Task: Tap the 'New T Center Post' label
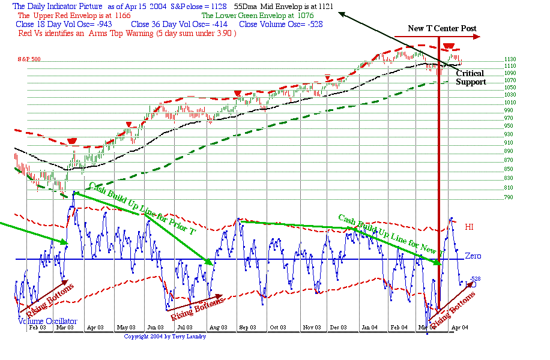(443, 28)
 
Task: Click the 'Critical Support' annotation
(470, 77)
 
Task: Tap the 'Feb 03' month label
(37, 327)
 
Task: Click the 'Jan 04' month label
(369, 327)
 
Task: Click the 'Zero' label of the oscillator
(473, 256)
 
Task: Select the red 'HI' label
(470, 227)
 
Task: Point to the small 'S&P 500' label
(28, 59)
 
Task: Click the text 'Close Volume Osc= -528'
(281, 25)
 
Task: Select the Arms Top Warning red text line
(127, 34)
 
